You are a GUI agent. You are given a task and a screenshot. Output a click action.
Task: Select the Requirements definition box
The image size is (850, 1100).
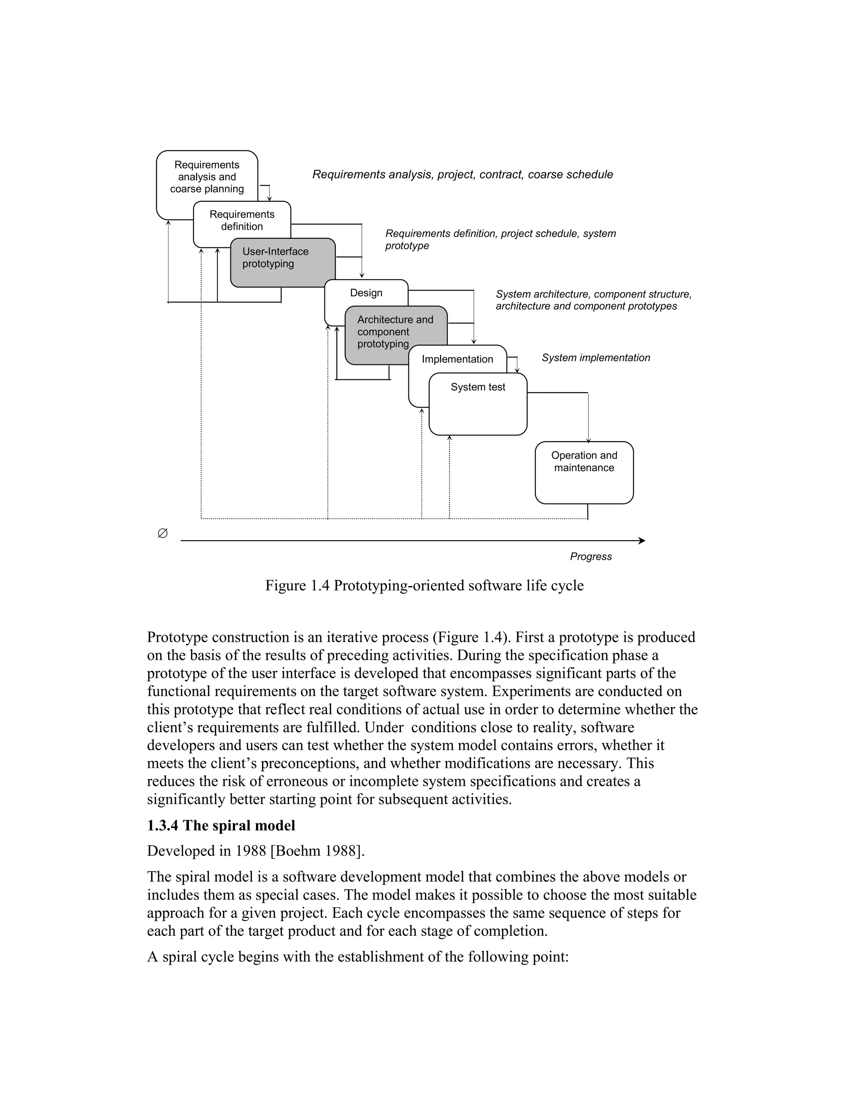tap(242, 220)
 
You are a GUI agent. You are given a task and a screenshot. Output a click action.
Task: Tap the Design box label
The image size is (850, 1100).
tap(366, 293)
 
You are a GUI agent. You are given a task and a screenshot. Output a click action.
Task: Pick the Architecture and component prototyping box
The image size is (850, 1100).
tap(395, 332)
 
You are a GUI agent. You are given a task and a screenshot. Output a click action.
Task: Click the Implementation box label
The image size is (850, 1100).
tap(457, 359)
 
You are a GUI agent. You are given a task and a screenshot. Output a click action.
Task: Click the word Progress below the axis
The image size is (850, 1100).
tap(591, 557)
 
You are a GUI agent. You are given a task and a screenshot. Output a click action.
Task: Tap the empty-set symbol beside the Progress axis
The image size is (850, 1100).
tap(163, 533)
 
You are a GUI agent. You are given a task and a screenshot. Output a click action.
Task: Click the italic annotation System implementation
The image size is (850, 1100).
tap(596, 357)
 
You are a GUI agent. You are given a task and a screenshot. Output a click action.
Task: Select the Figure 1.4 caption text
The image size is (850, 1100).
tap(424, 586)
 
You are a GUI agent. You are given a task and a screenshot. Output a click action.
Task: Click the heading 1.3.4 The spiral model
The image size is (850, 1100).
tap(221, 826)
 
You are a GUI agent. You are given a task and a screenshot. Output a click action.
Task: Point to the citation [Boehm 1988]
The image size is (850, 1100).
tap(317, 851)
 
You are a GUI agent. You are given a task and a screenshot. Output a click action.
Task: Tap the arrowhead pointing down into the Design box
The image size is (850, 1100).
tap(361, 275)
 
